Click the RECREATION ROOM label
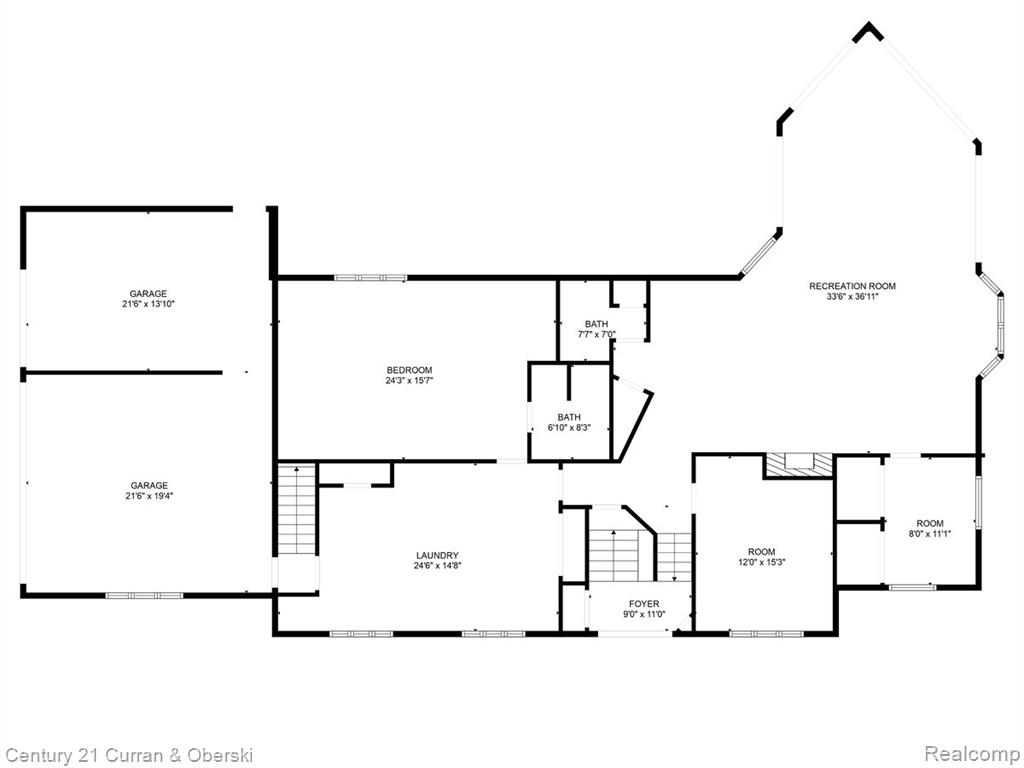click(x=852, y=286)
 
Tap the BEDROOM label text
click(x=409, y=370)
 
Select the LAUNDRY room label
click(x=437, y=556)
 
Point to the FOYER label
click(x=644, y=604)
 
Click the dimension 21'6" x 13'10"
click(x=148, y=304)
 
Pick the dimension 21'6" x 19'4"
click(x=149, y=496)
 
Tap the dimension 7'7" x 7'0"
click(x=596, y=334)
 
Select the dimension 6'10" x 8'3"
click(x=569, y=428)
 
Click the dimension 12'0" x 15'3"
click(x=761, y=562)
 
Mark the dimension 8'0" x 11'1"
click(x=930, y=533)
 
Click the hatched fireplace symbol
click(x=799, y=465)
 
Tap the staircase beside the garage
click(x=296, y=509)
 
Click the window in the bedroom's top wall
click(x=370, y=278)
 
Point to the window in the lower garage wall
click(x=144, y=595)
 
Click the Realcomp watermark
click(x=971, y=754)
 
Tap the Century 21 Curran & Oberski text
click(x=127, y=755)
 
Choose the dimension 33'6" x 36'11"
click(x=852, y=296)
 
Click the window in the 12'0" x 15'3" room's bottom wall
click(x=767, y=633)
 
